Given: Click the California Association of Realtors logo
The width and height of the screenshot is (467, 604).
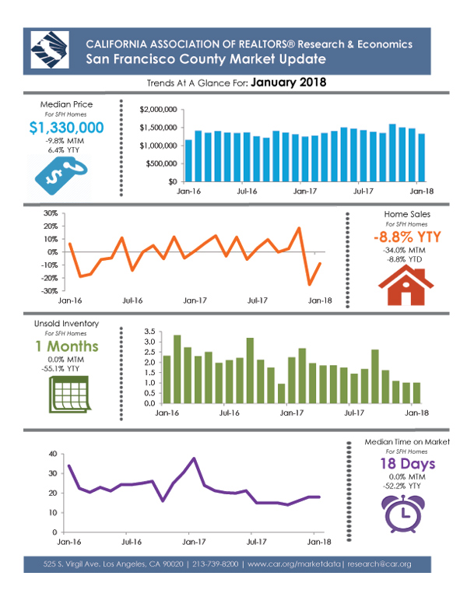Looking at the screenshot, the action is click(50, 50).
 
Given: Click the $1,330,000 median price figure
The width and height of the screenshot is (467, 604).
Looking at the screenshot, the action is click(66, 128).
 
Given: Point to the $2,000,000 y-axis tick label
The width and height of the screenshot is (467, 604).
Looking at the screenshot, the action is click(158, 110).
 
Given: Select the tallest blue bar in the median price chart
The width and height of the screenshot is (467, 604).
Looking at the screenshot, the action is click(392, 153).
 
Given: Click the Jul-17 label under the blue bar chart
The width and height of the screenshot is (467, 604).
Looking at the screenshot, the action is click(363, 191).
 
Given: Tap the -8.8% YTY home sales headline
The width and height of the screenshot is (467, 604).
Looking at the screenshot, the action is click(407, 237).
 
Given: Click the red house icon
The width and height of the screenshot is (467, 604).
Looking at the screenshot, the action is click(406, 286).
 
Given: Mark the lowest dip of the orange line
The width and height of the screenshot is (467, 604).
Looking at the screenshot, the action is click(310, 285).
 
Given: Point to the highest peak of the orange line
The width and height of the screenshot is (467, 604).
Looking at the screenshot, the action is click(299, 228).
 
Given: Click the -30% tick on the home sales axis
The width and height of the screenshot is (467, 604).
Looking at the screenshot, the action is click(50, 291).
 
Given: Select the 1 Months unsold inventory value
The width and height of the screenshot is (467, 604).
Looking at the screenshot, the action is click(67, 346).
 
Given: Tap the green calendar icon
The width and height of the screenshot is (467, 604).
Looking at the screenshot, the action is click(69, 394).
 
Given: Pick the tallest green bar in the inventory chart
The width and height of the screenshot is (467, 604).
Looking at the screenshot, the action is click(177, 369).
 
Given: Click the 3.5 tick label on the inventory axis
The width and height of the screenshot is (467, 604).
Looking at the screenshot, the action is click(149, 332).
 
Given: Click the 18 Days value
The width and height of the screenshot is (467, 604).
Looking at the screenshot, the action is click(408, 464).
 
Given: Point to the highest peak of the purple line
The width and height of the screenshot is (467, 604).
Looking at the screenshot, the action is click(194, 458).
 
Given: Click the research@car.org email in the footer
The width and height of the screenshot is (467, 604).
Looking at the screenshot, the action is click(380, 564).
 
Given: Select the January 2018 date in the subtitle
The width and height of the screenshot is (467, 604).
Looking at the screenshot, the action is click(289, 83).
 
